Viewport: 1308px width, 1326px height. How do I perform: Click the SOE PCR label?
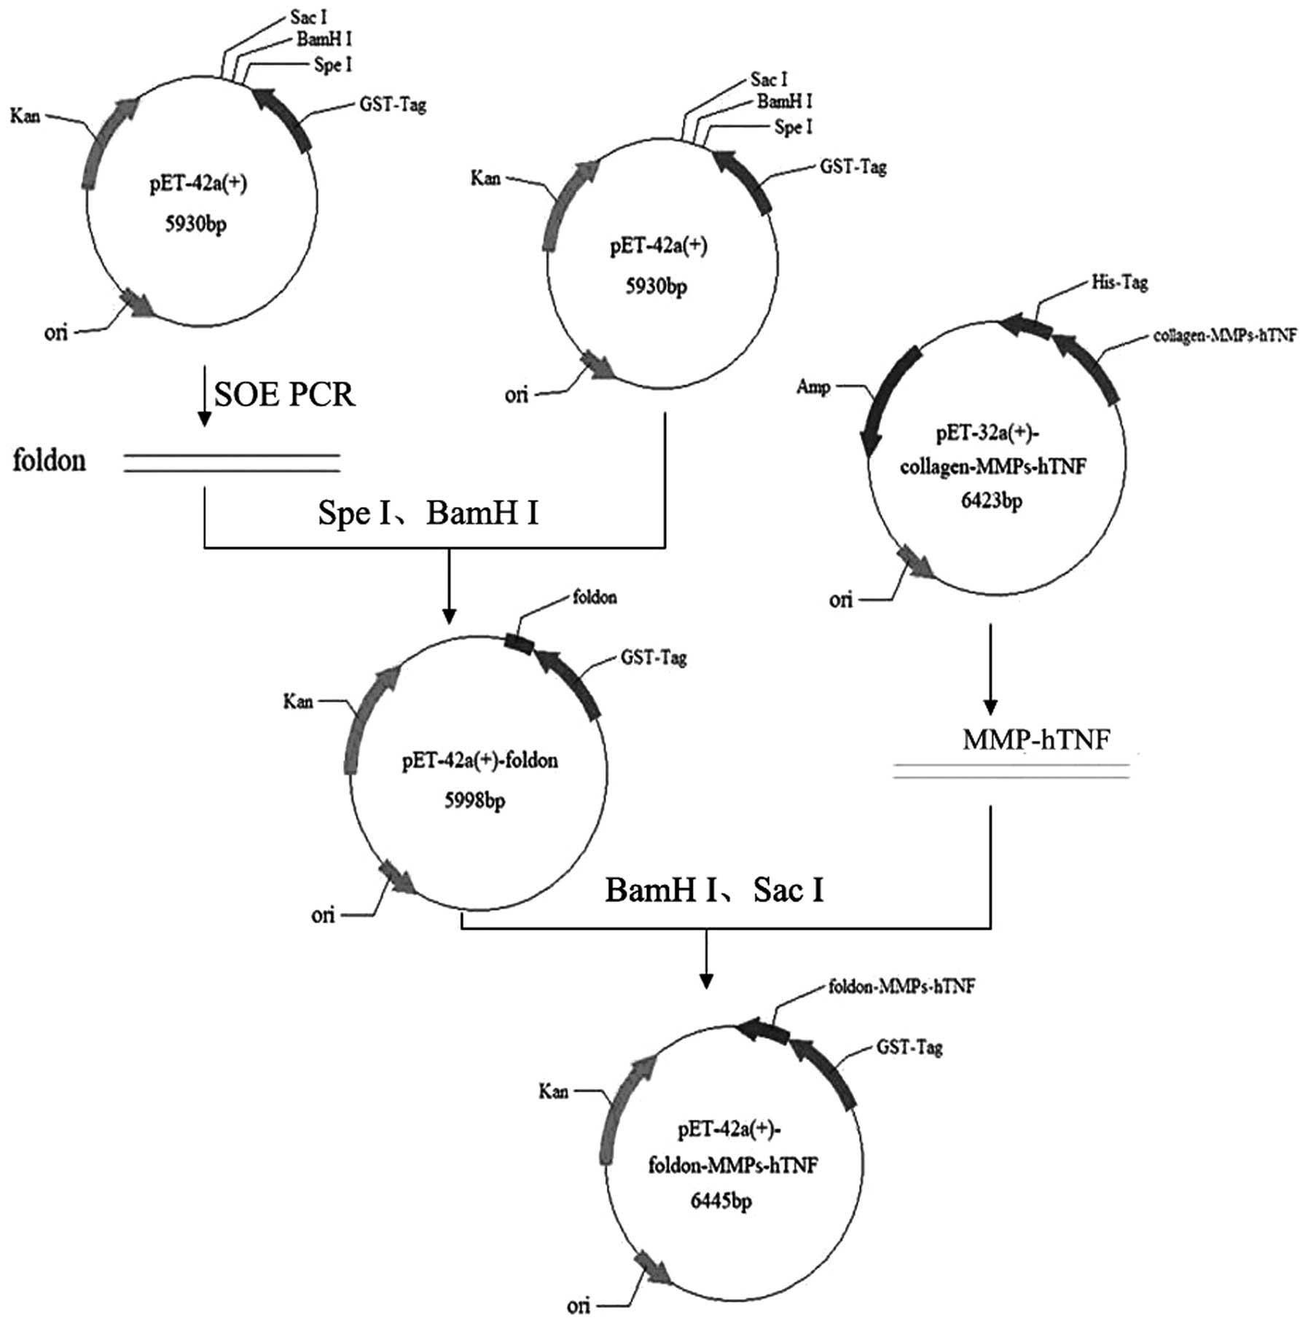click(284, 394)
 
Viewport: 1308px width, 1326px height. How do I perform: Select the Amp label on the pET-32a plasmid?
click(813, 386)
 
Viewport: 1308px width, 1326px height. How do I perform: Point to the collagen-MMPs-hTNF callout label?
click(1224, 335)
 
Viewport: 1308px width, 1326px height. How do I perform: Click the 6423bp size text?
click(990, 501)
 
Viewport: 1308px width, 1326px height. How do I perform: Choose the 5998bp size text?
click(474, 801)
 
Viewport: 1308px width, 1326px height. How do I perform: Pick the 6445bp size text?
click(721, 1201)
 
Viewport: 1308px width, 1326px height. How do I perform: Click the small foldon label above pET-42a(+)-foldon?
click(595, 597)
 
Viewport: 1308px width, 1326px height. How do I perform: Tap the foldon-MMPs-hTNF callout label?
click(901, 986)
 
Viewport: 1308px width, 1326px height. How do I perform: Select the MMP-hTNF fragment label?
click(1036, 739)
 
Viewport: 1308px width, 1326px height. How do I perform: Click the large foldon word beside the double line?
click(49, 460)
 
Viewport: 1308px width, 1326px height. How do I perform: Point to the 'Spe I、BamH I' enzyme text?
click(428, 513)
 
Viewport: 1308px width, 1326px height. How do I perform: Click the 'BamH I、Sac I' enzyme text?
click(714, 890)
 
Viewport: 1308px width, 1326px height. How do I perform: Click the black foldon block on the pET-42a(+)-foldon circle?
click(520, 642)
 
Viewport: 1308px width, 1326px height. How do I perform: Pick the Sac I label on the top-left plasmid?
click(308, 16)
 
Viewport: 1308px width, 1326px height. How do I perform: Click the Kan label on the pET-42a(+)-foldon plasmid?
click(297, 702)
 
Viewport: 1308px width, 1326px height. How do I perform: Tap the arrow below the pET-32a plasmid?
click(990, 669)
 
